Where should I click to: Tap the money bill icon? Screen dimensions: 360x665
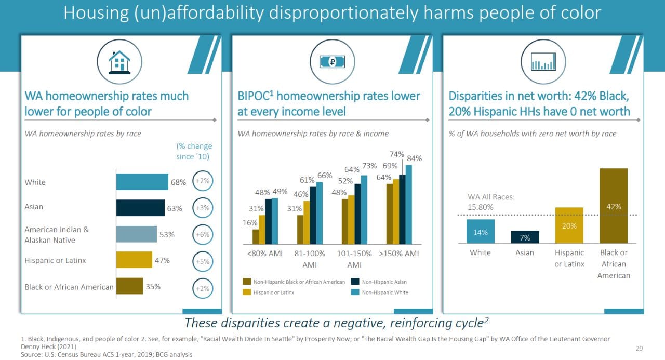point(332,62)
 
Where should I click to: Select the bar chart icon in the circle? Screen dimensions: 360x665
point(543,62)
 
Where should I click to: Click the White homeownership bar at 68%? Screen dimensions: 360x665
point(142,182)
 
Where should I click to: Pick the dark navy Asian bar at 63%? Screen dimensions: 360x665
point(140,208)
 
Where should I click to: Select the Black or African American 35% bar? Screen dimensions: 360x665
point(129,286)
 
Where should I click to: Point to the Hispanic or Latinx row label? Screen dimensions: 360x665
point(55,260)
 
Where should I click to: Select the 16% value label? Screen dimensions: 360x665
point(250,223)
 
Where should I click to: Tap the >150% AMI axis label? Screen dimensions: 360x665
point(399,254)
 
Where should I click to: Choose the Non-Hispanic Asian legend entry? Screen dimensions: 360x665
point(379,282)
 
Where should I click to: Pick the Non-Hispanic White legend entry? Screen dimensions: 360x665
point(380,292)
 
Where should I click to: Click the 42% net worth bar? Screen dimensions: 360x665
point(614,206)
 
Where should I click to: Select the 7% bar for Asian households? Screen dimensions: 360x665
point(525,237)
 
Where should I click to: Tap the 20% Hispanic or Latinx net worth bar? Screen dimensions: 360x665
point(569,225)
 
